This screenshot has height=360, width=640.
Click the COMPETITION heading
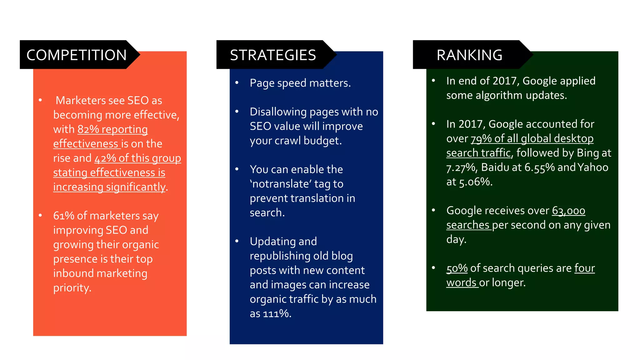[77, 55]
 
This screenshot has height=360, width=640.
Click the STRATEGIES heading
[273, 55]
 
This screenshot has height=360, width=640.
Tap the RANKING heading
[469, 55]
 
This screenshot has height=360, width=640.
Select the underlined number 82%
[88, 129]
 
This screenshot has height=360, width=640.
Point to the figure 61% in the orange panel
[63, 216]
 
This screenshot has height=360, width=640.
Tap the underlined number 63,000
[568, 211]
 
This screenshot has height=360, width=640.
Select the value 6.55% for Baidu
[539, 168]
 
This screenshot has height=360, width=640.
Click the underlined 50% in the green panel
[457, 268]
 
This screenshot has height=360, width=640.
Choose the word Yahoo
[593, 167]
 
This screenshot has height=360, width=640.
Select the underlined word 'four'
[584, 268]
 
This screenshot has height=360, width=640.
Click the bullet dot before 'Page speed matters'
[237, 83]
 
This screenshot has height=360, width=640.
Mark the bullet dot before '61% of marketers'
[40, 215]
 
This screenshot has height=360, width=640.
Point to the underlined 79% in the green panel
[481, 139]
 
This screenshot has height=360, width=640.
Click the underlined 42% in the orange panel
[105, 158]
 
